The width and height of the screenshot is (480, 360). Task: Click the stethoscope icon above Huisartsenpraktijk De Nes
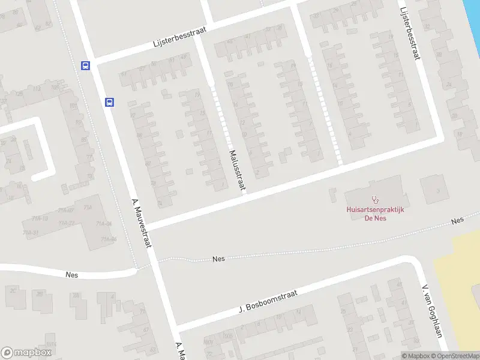coord(376,199)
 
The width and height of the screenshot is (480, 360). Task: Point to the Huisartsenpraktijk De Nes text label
coord(375,214)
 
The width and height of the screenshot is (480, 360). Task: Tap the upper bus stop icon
coord(86,66)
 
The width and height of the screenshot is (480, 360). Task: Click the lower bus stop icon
coord(110,102)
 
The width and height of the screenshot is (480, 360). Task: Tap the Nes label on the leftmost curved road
coord(71,275)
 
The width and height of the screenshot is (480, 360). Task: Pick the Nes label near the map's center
coord(218,259)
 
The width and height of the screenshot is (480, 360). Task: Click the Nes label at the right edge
coord(458,221)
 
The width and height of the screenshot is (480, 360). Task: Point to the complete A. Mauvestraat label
coord(141,223)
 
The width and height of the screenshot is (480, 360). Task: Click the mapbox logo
coord(26,353)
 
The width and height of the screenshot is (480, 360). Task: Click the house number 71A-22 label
coord(67,223)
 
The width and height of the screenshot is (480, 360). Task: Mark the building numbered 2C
coord(13,290)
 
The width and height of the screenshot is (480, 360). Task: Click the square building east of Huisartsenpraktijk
coord(433,189)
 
